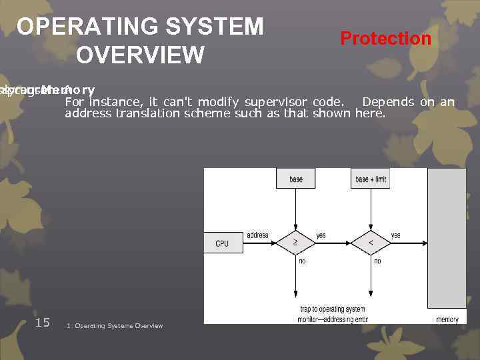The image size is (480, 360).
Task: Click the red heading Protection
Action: click(385, 39)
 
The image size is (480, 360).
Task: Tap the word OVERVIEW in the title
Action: click(140, 55)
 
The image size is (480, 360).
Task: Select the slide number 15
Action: click(42, 323)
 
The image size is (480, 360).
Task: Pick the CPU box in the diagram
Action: click(221, 243)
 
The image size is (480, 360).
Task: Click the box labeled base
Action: click(296, 179)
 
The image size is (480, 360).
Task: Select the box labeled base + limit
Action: click(371, 179)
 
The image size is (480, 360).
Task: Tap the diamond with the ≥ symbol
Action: click(295, 243)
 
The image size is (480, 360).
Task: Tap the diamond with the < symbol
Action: click(371, 243)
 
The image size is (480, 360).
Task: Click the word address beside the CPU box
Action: click(257, 235)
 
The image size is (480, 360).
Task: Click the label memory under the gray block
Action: click(447, 320)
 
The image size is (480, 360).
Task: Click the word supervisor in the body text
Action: click(275, 102)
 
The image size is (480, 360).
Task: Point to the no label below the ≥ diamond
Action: click(302, 261)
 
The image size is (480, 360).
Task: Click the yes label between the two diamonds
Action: click(321, 235)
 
